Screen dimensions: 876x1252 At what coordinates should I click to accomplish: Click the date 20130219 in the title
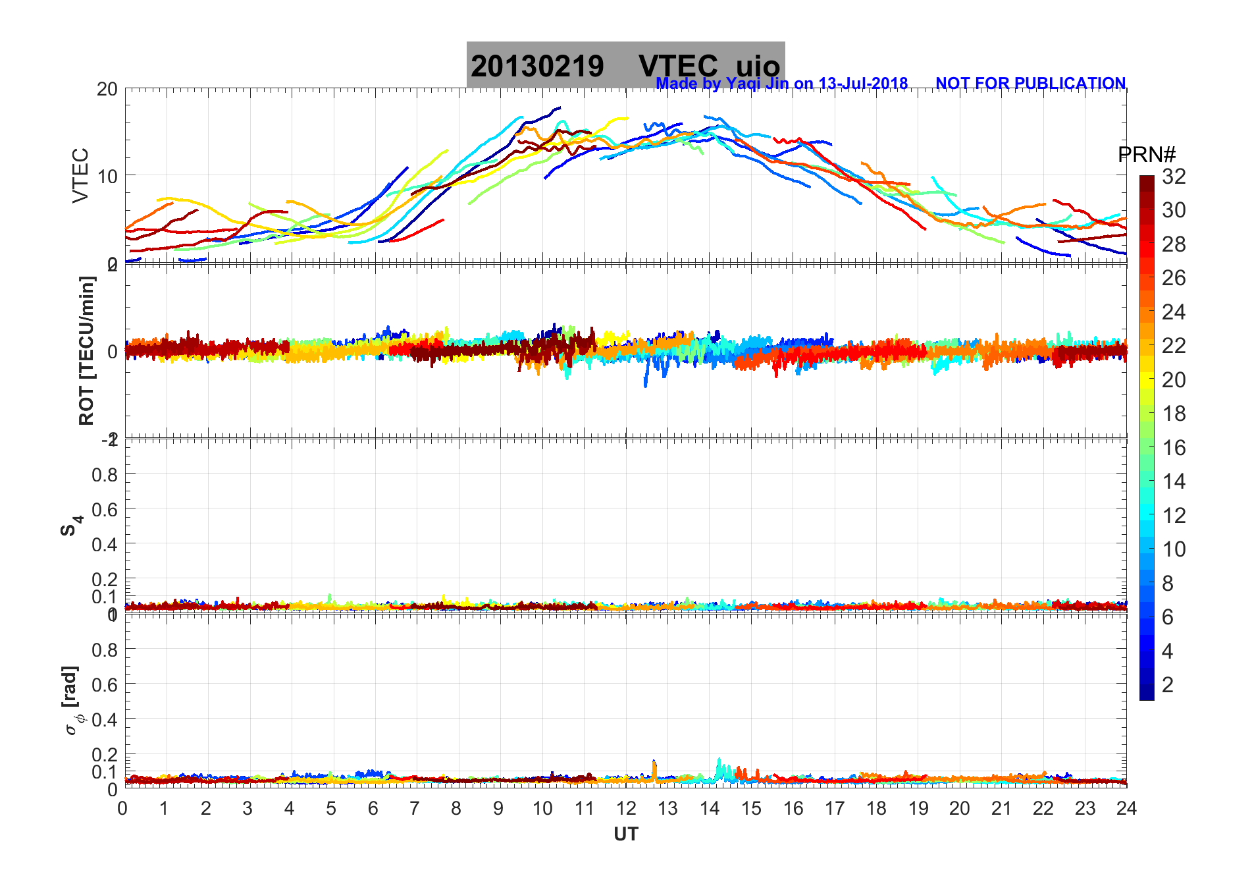click(537, 67)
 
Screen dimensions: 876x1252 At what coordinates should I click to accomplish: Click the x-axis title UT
click(626, 835)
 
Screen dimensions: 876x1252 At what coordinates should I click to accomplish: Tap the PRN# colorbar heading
click(1147, 155)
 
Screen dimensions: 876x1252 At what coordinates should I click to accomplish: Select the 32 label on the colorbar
click(1174, 177)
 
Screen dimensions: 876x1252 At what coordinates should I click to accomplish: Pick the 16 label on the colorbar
click(1174, 448)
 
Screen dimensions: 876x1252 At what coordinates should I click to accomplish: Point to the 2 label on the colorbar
click(1168, 685)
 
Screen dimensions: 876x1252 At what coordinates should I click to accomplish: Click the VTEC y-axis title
click(80, 175)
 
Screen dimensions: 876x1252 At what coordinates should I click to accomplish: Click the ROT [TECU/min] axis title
click(86, 350)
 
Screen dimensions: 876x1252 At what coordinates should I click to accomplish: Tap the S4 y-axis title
click(71, 526)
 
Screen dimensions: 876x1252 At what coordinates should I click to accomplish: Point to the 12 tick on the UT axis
click(626, 809)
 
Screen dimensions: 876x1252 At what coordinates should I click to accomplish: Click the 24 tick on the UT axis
click(1126, 809)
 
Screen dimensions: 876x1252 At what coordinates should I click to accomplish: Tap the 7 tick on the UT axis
click(415, 809)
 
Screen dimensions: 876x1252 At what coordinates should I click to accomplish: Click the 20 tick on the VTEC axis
click(107, 89)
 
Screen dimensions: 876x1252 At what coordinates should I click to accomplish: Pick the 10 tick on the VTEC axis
click(107, 176)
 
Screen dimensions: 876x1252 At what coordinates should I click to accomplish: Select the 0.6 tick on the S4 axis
click(105, 509)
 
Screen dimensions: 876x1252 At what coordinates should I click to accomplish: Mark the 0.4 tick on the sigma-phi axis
click(105, 719)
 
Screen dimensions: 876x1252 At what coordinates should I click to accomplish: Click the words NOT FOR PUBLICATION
click(1030, 84)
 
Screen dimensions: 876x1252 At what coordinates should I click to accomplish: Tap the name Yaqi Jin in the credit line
click(756, 84)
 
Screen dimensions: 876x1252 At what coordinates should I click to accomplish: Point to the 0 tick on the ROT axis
click(113, 351)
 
